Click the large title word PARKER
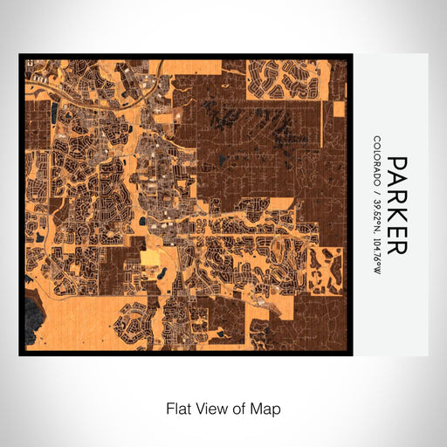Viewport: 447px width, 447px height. pyautogui.click(x=396, y=205)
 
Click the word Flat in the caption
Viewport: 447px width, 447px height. pyautogui.click(x=178, y=408)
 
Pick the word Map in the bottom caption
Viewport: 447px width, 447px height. pyautogui.click(x=267, y=408)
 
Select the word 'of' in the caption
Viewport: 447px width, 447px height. pyautogui.click(x=240, y=408)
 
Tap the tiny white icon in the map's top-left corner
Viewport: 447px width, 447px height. pyautogui.click(x=29, y=62)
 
